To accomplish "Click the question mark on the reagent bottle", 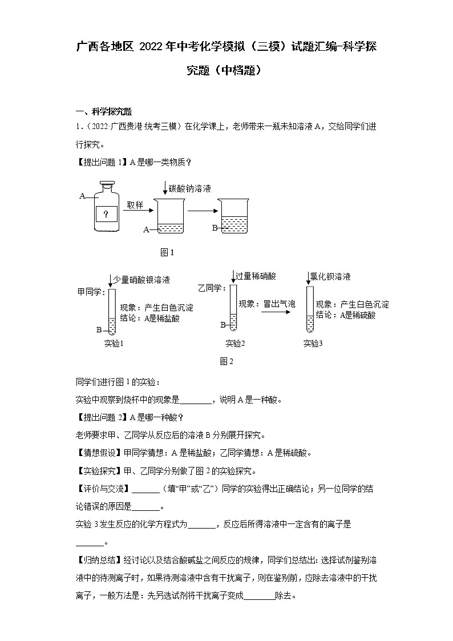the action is [106, 214].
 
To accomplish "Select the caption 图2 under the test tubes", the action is [226, 361].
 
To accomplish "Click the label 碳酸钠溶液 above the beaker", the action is [190, 188].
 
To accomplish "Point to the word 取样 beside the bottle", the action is [136, 205].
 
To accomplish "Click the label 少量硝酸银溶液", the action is [141, 280].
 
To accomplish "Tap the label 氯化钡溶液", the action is [330, 276].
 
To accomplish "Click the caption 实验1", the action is [114, 344].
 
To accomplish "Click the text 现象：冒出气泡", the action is [267, 304].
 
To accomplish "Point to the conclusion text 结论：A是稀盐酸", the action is [150, 318].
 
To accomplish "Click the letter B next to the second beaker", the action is [215, 227].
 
